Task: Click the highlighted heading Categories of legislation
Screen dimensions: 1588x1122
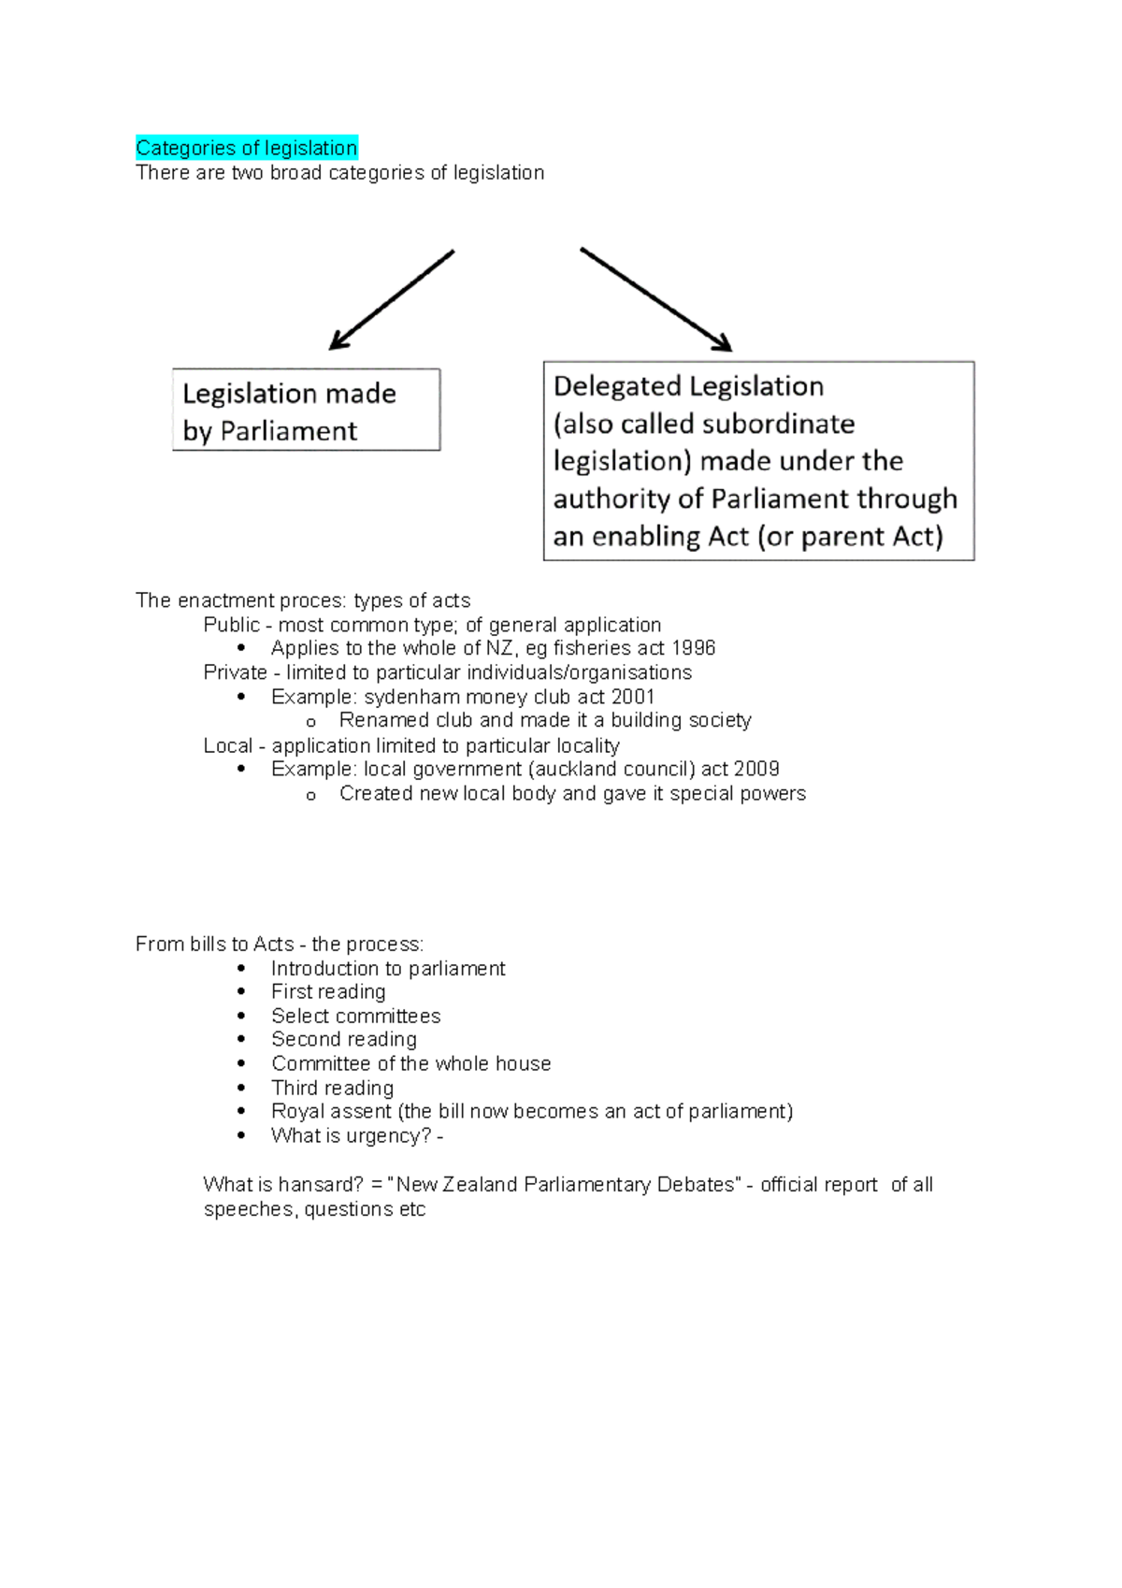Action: click(x=246, y=148)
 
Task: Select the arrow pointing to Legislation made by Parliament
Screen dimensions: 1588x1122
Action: click(x=392, y=299)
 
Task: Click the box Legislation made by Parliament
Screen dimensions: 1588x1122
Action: click(x=306, y=411)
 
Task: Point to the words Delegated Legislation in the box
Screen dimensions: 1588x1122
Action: click(x=688, y=386)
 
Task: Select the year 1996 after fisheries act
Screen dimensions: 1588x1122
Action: click(x=693, y=648)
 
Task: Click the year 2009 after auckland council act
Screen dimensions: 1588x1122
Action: click(x=756, y=769)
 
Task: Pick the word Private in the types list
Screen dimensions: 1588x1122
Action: click(x=235, y=672)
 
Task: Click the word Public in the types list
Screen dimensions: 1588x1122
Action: click(x=231, y=625)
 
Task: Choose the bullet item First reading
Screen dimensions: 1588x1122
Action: click(x=328, y=991)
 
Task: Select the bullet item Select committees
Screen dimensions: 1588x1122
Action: click(x=355, y=1016)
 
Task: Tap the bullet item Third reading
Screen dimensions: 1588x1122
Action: click(x=332, y=1088)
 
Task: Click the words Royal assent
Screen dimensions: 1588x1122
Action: click(x=331, y=1111)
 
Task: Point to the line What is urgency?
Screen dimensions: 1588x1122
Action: click(x=356, y=1135)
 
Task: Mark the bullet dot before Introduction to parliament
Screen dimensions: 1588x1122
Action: click(x=242, y=968)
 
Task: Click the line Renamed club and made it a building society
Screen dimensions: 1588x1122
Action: click(x=544, y=720)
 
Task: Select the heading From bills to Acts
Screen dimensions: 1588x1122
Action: click(x=214, y=944)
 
